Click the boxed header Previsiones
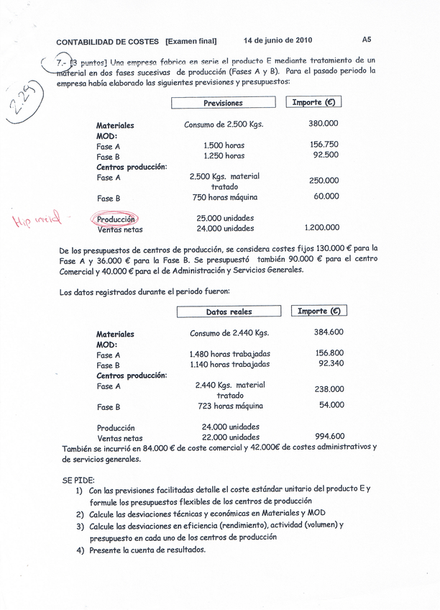click(223, 103)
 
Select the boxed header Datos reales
click(229, 312)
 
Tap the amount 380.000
click(324, 124)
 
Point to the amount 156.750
click(324, 144)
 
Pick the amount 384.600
click(329, 332)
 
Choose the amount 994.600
click(329, 436)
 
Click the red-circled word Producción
click(116, 219)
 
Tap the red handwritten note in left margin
click(38, 219)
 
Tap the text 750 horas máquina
click(225, 197)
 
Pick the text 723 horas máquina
click(229, 406)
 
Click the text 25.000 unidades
click(225, 218)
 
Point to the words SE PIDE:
click(78, 480)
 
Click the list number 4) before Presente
click(81, 550)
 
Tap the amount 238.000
click(329, 389)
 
